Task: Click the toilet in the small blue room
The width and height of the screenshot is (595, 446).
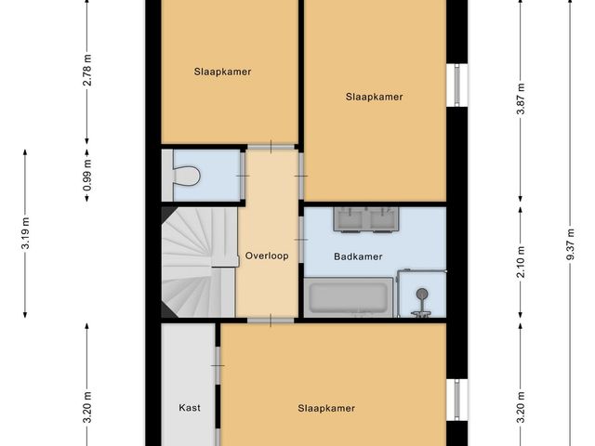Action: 186,176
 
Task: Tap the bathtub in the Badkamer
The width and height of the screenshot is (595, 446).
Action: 349,297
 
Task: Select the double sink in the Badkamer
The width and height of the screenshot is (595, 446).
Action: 365,219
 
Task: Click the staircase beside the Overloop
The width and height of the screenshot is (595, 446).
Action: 199,262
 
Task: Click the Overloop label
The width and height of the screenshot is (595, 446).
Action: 267,256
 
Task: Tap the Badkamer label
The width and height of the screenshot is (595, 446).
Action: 358,256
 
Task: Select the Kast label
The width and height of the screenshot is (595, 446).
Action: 190,408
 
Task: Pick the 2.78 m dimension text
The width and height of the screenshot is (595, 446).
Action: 87,71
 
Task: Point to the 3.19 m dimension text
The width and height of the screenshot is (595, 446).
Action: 25,233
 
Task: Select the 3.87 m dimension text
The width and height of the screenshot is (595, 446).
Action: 521,98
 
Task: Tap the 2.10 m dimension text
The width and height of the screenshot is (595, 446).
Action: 521,262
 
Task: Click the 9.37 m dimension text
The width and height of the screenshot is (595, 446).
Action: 571,243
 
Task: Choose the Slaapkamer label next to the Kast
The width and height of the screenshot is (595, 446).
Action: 326,408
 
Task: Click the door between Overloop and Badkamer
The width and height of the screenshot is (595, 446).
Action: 301,240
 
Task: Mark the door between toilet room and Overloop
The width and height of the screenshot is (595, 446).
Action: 243,176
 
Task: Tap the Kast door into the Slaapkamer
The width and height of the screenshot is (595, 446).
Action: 218,365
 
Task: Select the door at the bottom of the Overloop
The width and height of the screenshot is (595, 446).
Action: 271,321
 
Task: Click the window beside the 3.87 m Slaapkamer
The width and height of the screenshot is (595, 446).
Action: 456,85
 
